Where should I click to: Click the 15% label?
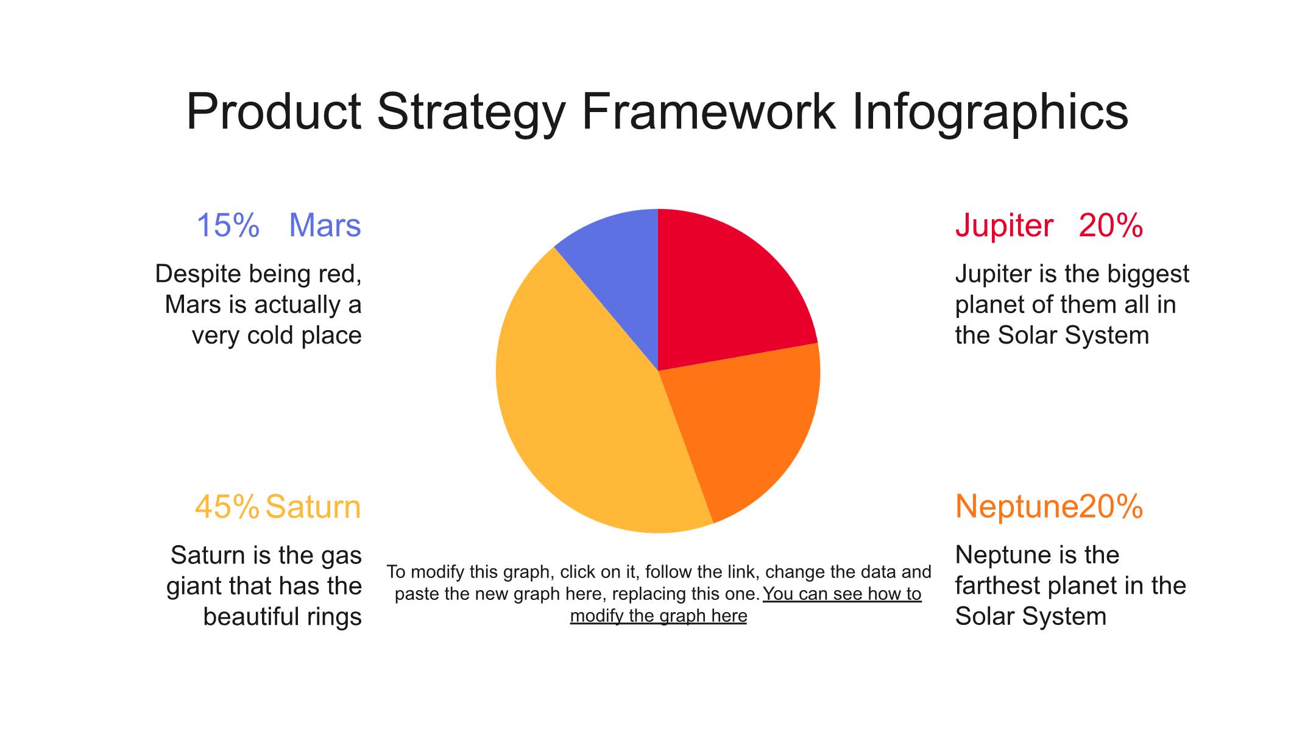point(228,225)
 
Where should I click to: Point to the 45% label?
point(227,507)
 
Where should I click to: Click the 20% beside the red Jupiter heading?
point(1111,225)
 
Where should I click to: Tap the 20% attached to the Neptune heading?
point(1111,507)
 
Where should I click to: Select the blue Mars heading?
point(325,225)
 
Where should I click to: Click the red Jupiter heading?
point(1004,227)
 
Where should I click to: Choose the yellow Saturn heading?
point(313,507)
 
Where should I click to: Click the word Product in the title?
point(274,111)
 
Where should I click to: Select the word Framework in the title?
point(709,111)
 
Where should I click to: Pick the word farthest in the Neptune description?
point(999,586)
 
